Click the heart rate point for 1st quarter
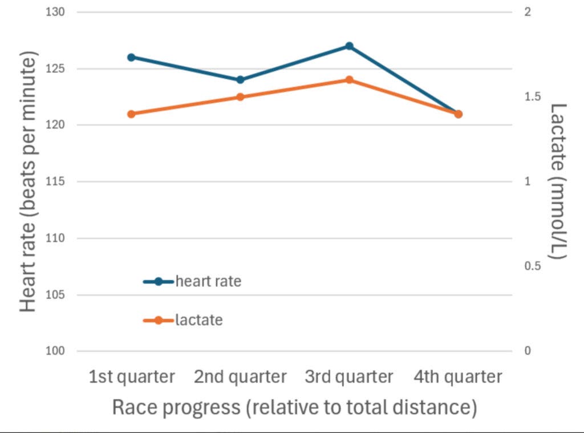point(131,57)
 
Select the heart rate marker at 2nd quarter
point(240,80)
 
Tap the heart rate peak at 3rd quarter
point(349,46)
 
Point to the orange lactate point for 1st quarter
point(131,114)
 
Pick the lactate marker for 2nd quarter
point(240,97)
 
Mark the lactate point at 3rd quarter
point(349,80)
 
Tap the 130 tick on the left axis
point(56,12)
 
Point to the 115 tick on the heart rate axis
point(56,181)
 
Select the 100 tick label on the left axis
point(56,351)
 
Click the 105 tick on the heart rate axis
point(56,295)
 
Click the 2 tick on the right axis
point(528,12)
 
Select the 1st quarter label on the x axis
point(132,377)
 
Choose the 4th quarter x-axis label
point(459,377)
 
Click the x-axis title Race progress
point(294,407)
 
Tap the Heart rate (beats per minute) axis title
point(29,181)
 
